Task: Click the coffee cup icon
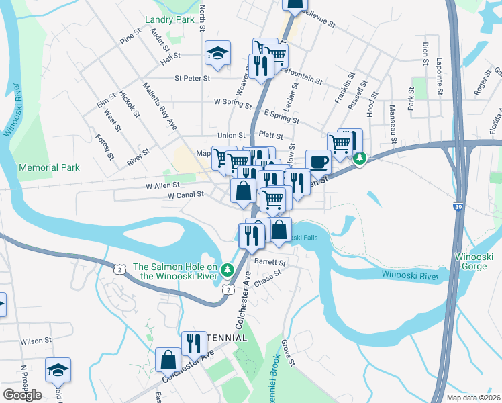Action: tap(318, 162)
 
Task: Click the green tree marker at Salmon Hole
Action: tap(228, 269)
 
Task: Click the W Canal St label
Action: tap(185, 195)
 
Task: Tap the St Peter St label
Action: tap(192, 78)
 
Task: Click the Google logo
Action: tap(22, 394)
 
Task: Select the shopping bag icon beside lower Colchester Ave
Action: tap(167, 359)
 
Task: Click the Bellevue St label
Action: tap(318, 17)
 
